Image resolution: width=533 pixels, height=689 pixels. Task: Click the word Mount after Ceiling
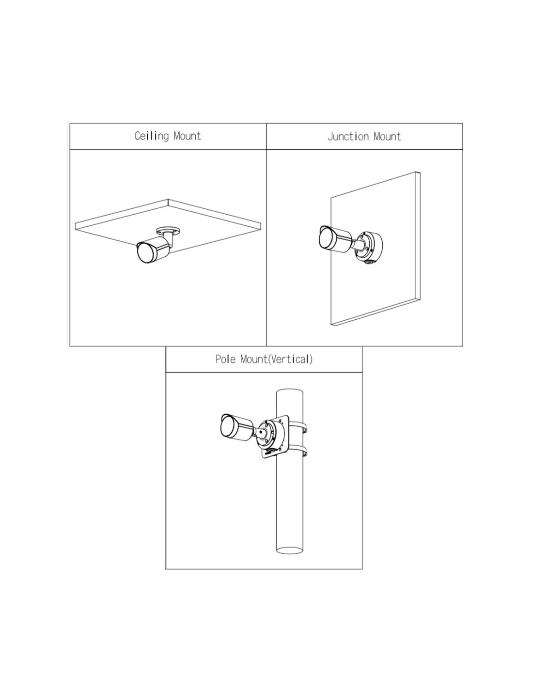(187, 136)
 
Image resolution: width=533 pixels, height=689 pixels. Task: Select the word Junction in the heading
(348, 136)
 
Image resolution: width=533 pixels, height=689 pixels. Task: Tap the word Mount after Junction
(387, 136)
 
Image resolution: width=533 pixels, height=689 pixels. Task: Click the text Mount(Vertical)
(276, 359)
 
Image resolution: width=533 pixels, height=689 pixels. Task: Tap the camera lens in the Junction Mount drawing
(326, 238)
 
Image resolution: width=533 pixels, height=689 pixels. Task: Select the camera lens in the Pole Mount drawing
(228, 427)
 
